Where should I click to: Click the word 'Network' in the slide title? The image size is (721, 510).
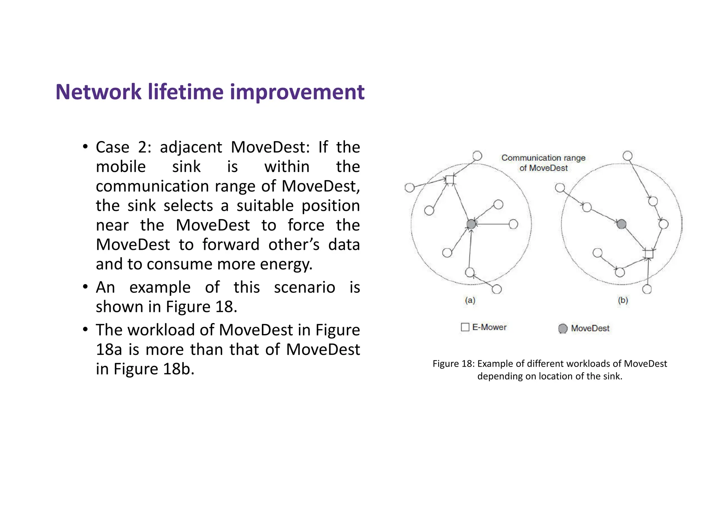(x=98, y=92)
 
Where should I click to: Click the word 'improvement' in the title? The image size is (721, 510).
(x=297, y=92)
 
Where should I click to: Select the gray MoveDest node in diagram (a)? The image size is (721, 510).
(x=471, y=224)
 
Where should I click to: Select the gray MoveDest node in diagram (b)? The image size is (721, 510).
(x=622, y=224)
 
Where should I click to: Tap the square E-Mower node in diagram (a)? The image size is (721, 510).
(x=450, y=180)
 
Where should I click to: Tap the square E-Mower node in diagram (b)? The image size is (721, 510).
(x=649, y=254)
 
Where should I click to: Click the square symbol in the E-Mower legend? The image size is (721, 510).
(x=465, y=327)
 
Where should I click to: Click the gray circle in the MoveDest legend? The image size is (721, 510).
(x=563, y=328)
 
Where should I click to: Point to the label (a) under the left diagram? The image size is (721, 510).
(x=470, y=300)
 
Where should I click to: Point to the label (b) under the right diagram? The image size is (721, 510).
(x=623, y=300)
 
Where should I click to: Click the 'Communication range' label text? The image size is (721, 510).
(x=543, y=158)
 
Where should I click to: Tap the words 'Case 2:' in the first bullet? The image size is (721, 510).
(x=123, y=147)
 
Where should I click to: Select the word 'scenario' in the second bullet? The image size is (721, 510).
(x=304, y=288)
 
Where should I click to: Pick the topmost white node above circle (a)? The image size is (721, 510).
(x=477, y=156)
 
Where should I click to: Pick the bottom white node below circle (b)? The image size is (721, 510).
(x=647, y=289)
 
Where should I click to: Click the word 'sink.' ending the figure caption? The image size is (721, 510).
(x=613, y=376)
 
